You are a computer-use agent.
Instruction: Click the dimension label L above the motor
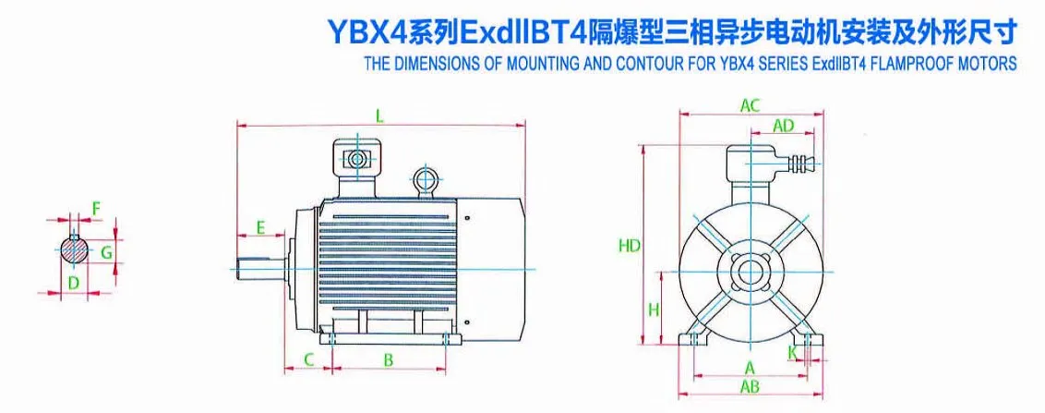(x=379, y=115)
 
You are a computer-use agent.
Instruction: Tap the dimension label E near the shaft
(x=261, y=227)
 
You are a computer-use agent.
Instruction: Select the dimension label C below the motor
(x=308, y=359)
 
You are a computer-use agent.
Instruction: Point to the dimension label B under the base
(x=389, y=359)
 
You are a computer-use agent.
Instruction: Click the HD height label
(x=630, y=246)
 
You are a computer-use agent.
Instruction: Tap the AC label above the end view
(x=751, y=104)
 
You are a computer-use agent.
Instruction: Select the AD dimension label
(x=783, y=125)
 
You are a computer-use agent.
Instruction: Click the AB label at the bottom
(x=751, y=386)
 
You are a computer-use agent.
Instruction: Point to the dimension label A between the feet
(x=749, y=367)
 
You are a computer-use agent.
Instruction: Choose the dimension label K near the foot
(x=792, y=351)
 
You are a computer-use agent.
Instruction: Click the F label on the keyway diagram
(x=96, y=210)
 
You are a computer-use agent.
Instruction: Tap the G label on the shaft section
(x=106, y=252)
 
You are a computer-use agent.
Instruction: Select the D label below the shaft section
(x=74, y=282)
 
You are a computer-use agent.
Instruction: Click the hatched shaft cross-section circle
(x=74, y=250)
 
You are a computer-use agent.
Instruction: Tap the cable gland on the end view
(x=800, y=163)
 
